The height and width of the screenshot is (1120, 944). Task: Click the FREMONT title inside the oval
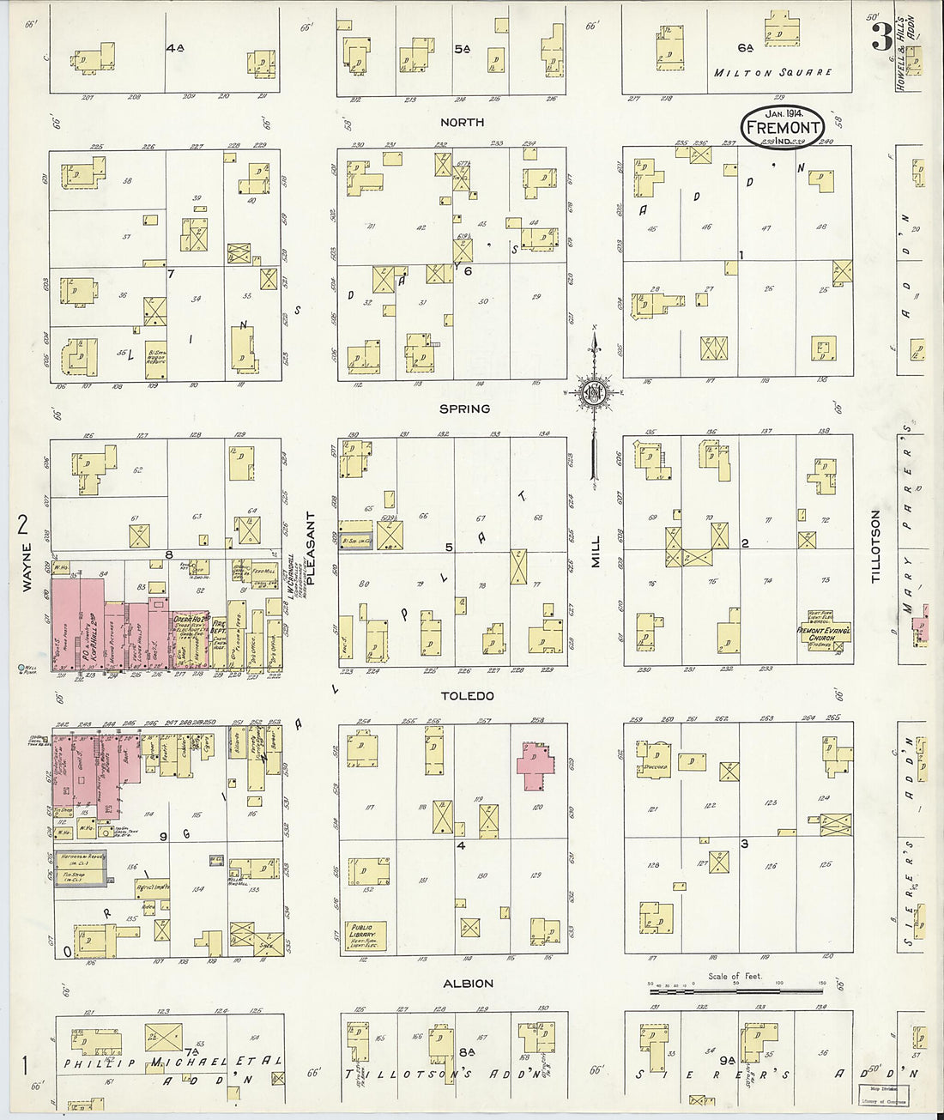[x=783, y=128]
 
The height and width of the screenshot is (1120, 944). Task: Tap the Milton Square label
[x=772, y=73]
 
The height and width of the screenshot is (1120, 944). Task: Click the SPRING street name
[x=464, y=409]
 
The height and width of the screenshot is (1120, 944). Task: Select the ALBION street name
[x=469, y=983]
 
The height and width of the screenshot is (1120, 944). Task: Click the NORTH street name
[x=462, y=123]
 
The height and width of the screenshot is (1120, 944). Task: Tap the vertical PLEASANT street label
[x=311, y=548]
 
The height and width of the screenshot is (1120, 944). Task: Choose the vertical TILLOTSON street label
[x=876, y=547]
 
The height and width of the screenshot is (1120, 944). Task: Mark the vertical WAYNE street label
[x=26, y=566]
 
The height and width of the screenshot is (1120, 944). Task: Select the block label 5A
[x=462, y=50]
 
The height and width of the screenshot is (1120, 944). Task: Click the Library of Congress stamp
[x=884, y=1095]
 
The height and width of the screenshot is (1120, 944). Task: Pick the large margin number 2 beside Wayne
[x=23, y=524]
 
